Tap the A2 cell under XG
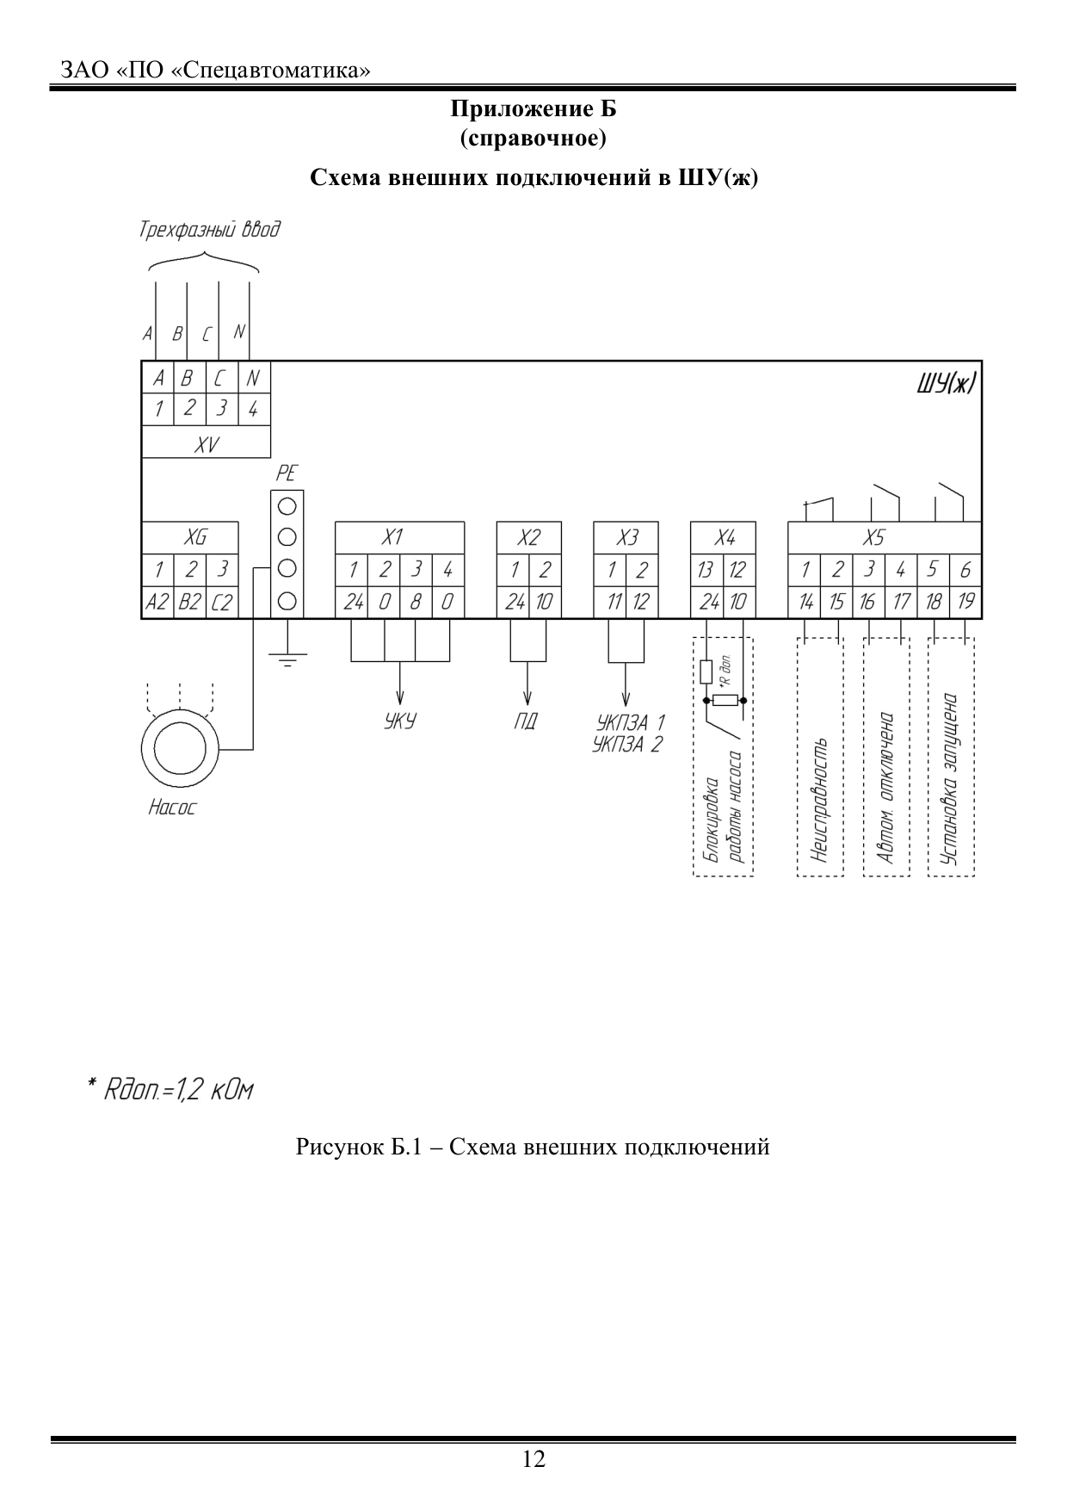coord(157,602)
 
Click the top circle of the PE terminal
coord(288,504)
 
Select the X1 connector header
coord(392,537)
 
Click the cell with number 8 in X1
coord(415,602)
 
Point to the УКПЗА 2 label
coord(627,745)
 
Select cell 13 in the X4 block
coord(706,569)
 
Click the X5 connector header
coord(873,537)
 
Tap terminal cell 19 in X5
coord(965,602)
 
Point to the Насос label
coord(172,808)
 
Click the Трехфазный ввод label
coord(209,230)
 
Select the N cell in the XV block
coord(253,378)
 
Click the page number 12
coord(533,1459)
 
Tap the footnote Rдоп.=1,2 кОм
coord(170,1089)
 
